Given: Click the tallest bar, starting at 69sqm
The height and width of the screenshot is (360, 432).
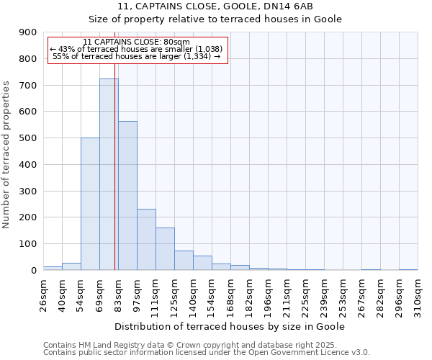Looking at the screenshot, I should [109, 174].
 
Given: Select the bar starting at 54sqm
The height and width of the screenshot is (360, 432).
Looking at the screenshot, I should [90, 204].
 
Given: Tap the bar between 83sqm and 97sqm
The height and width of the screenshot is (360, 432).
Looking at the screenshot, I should [127, 195].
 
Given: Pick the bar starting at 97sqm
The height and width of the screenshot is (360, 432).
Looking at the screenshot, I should [146, 239].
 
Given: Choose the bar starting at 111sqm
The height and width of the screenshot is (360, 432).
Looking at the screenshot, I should [165, 248].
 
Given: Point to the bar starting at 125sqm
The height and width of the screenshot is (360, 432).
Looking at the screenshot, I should [184, 260].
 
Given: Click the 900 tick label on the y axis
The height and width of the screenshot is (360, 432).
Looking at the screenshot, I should [29, 32].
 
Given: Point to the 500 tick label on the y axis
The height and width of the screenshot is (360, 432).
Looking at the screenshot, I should [29, 138].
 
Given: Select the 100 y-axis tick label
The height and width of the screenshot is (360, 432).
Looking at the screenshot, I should [29, 244].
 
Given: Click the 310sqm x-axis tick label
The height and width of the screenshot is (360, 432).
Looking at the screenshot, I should [418, 296].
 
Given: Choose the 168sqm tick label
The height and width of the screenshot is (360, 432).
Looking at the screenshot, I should [230, 296].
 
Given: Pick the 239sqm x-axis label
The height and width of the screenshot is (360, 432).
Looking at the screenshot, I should [324, 296].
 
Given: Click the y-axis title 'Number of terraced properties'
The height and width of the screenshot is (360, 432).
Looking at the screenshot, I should [7, 154].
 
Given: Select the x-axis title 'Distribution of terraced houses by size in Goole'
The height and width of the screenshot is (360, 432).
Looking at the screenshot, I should [230, 326].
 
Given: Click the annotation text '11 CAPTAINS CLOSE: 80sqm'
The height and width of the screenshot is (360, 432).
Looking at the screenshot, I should [136, 42].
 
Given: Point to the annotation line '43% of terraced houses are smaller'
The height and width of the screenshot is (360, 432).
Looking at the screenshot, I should [136, 49].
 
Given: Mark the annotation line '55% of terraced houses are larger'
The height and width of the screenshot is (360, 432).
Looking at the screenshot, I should [136, 56].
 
